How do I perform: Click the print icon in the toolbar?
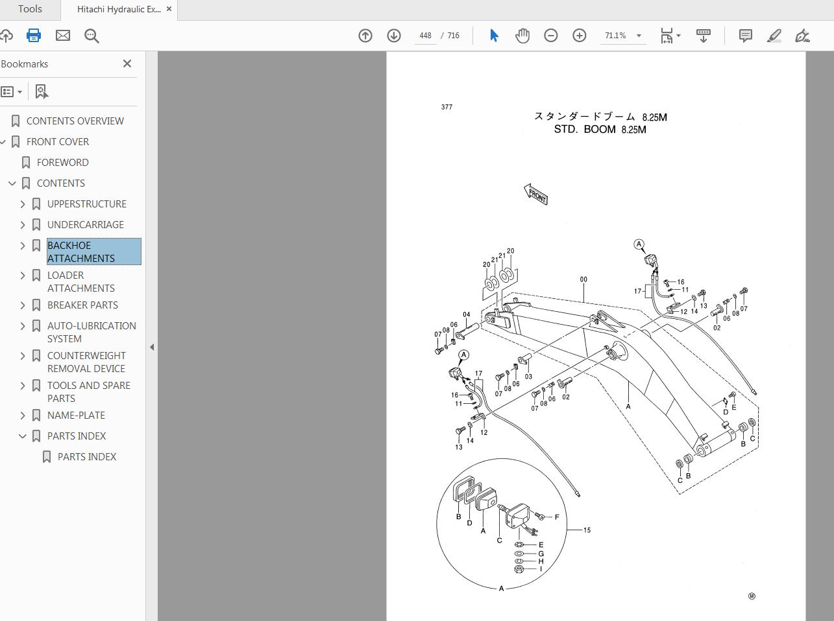click(x=34, y=36)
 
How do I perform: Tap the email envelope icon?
click(x=63, y=36)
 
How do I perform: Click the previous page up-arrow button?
click(x=365, y=36)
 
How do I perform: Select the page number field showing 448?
click(x=425, y=36)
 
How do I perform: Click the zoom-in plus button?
click(x=579, y=36)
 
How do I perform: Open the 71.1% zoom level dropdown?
click(x=639, y=36)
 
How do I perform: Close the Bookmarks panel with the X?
click(x=127, y=64)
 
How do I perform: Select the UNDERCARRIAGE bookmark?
click(x=85, y=224)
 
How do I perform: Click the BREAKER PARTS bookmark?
click(x=82, y=305)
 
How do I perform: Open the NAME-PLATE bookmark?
click(x=76, y=415)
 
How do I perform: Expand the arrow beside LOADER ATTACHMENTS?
click(x=23, y=275)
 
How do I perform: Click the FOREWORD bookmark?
click(x=62, y=162)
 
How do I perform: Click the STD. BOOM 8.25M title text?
click(x=600, y=130)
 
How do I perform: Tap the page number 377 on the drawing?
click(x=447, y=107)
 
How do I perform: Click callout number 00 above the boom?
click(x=583, y=279)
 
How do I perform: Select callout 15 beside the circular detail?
click(x=587, y=530)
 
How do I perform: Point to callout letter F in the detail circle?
click(x=557, y=517)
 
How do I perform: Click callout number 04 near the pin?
click(x=466, y=315)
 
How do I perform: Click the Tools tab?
click(x=30, y=9)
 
